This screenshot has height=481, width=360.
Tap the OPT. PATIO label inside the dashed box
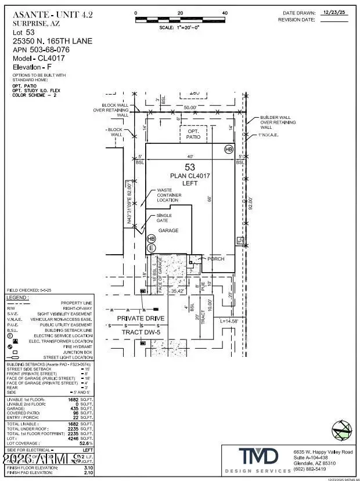click(193, 134)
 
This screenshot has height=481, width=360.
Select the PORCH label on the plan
click(215, 259)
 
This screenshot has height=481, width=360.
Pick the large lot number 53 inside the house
click(190, 167)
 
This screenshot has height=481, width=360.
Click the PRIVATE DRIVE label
click(141, 319)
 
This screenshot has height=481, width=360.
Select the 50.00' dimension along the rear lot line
click(190, 107)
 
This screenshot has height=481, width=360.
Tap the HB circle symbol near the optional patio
click(228, 149)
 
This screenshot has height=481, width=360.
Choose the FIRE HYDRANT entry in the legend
click(75, 346)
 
